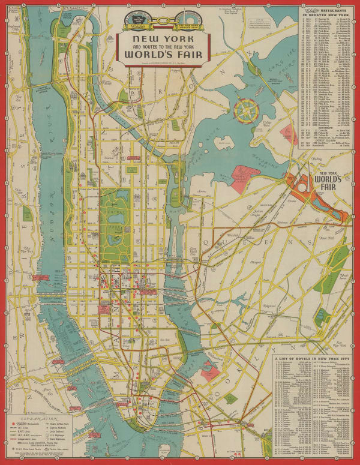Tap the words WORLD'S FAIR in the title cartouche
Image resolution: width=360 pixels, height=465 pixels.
click(x=164, y=56)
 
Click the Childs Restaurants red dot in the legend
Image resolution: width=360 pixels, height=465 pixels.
click(x=13, y=423)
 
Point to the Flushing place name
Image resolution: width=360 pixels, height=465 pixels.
click(x=316, y=160)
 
